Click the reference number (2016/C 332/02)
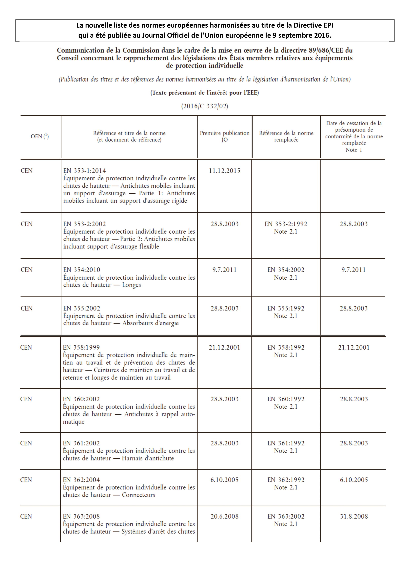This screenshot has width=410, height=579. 204,106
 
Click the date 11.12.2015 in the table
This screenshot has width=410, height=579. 224,171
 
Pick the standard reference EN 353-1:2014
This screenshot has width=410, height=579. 84,171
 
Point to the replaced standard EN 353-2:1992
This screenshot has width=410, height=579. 286,224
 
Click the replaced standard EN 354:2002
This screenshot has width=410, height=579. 286,270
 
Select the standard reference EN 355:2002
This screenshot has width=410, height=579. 81,308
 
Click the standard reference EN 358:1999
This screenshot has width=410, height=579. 81,347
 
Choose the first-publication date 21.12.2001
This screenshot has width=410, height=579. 224,347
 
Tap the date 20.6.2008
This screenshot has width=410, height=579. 224,516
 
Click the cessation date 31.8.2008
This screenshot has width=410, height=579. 354,516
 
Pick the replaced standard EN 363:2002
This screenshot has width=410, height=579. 286,516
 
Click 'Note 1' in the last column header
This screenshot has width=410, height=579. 354,150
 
